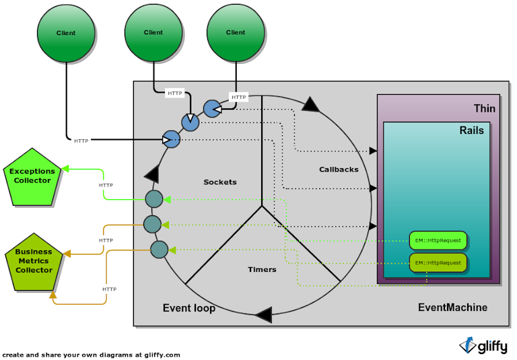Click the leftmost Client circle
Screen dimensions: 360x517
coord(66,33)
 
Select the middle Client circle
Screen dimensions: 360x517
coord(153,32)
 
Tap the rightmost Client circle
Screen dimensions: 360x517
coord(236,32)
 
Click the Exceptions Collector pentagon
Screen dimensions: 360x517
coord(32,176)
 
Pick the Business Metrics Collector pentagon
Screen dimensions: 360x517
coord(34,261)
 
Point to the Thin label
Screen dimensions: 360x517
coord(484,108)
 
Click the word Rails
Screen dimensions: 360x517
coord(471,131)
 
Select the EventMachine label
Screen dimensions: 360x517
coord(452,308)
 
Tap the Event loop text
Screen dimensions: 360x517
coord(189,308)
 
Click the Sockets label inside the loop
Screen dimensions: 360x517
coord(220,182)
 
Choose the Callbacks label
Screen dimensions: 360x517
coord(339,170)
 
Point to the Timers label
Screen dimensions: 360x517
coord(262,269)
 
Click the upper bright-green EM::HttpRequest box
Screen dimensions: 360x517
coord(438,240)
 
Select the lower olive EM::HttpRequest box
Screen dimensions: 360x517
coord(438,262)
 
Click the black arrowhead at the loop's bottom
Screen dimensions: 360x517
coord(263,314)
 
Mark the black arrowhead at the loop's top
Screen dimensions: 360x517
coord(310,103)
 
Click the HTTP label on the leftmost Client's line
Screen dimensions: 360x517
coord(81,141)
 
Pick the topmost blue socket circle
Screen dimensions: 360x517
coord(212,108)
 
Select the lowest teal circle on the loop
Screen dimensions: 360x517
coord(159,250)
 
